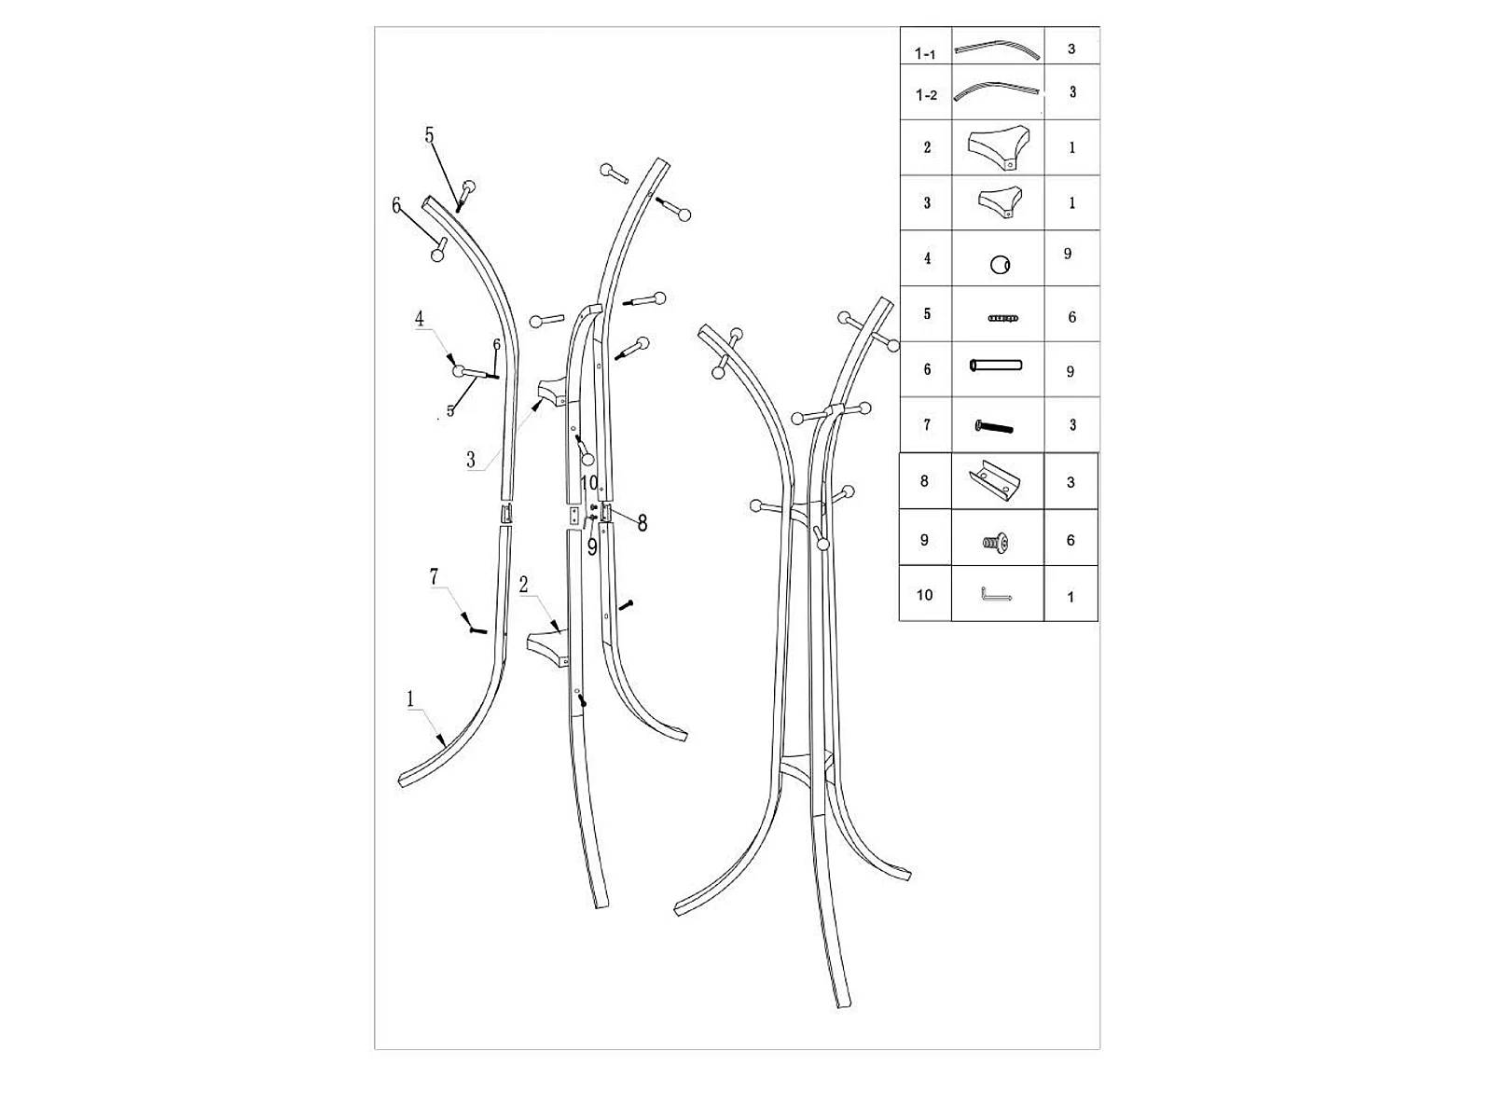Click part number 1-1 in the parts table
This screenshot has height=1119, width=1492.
(x=925, y=54)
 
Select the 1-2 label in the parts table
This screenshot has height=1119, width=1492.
(x=926, y=95)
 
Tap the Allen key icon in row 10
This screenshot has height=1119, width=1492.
(x=996, y=595)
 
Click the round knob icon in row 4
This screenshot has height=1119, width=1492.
(x=1000, y=264)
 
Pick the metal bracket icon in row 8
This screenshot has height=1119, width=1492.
(x=994, y=481)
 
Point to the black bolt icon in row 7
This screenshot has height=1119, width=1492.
(x=994, y=427)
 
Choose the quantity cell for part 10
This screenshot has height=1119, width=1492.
(x=1071, y=597)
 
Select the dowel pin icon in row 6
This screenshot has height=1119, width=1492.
(x=996, y=366)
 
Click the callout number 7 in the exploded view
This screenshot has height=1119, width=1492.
(x=434, y=577)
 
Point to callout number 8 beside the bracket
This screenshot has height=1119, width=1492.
(x=642, y=523)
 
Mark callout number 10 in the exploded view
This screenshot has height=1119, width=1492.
(x=588, y=483)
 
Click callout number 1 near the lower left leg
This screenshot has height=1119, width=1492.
(x=410, y=698)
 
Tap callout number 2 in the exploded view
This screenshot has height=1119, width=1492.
(x=523, y=585)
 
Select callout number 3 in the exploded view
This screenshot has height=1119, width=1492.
(x=470, y=460)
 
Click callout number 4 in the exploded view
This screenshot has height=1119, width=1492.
(x=420, y=318)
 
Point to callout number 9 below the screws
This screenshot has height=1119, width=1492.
(x=592, y=547)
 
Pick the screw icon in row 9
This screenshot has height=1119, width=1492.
(x=996, y=542)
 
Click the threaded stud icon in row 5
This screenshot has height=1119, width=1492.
(x=1002, y=317)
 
